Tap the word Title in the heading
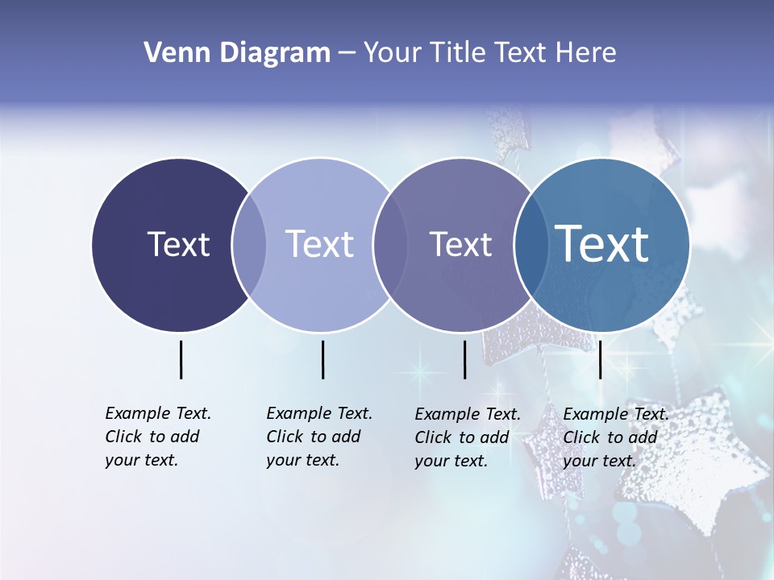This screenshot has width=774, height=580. [x=460, y=53]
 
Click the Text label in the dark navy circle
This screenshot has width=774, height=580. [x=178, y=244]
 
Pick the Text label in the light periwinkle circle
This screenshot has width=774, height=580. [x=319, y=244]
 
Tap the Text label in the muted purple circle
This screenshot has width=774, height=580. [x=460, y=244]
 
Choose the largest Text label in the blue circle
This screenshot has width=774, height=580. [x=602, y=244]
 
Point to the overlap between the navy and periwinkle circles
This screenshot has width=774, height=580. [x=249, y=245]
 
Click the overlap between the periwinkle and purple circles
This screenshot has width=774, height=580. [x=389, y=245]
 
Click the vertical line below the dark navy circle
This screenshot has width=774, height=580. [x=181, y=359]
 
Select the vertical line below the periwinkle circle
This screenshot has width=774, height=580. [x=322, y=359]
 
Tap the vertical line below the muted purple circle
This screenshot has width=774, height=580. [x=464, y=359]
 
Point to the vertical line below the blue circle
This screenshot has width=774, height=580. [x=600, y=359]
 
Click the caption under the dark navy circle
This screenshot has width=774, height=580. [x=157, y=437]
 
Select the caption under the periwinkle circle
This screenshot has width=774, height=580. [x=318, y=437]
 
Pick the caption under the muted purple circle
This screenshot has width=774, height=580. [x=467, y=437]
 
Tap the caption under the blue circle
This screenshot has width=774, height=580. [x=615, y=437]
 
